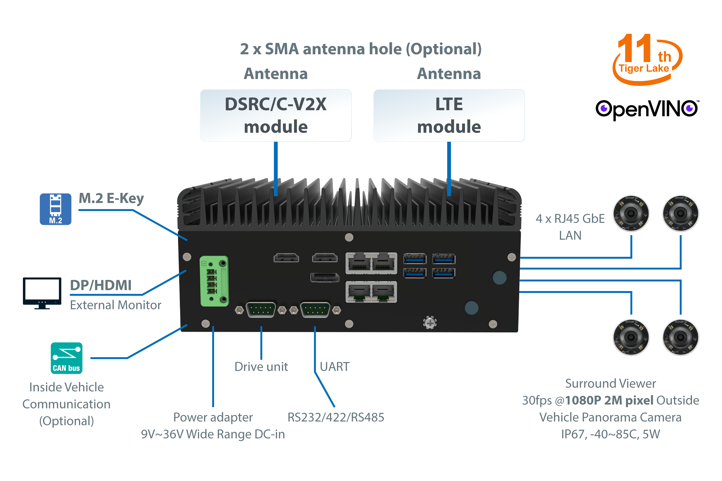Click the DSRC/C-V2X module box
275,115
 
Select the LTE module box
449,115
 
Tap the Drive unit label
261,367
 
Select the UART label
335,367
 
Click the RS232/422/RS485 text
336,417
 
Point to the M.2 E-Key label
111,198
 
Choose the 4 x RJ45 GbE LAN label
570,227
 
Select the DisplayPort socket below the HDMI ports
325,277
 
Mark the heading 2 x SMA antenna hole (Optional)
361,49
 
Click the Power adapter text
213,417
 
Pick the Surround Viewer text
611,383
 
